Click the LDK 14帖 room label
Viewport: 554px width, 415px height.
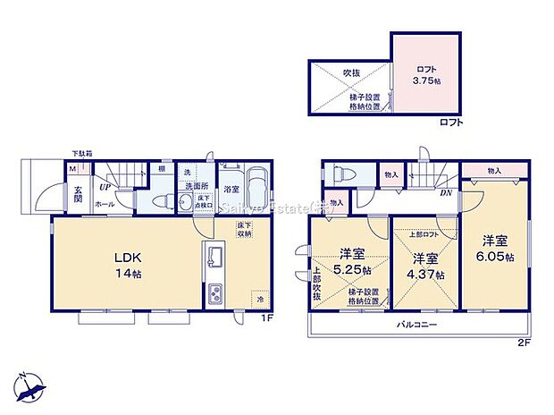pos(124,265)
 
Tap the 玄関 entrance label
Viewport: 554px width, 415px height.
pos(79,193)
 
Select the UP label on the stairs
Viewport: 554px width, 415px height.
pos(105,187)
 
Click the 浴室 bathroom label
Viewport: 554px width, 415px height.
pos(231,189)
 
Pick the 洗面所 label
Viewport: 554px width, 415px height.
pos(196,187)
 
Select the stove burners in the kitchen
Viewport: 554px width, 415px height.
pos(215,294)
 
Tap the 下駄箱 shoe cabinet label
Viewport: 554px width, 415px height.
pos(82,154)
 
